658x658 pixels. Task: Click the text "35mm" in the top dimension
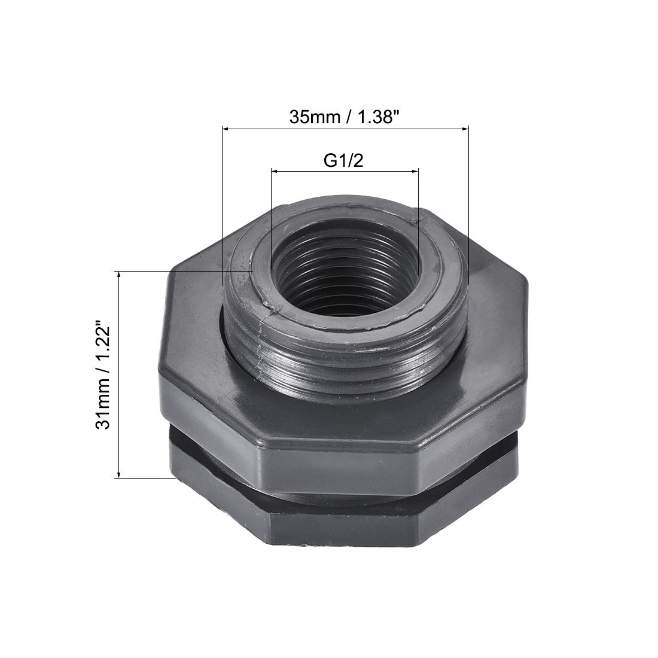click(x=314, y=117)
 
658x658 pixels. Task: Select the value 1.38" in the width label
click(x=377, y=117)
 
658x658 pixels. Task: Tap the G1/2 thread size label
click(x=343, y=160)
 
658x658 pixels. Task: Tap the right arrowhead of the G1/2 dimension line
click(x=415, y=171)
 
